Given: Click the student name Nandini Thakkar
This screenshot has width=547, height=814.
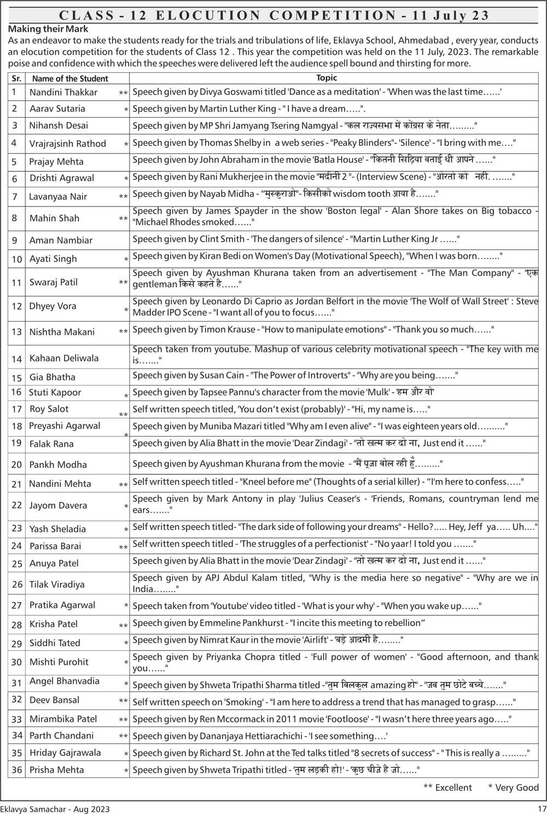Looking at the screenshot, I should (x=63, y=92).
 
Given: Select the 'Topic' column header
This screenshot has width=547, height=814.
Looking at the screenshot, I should (x=327, y=78).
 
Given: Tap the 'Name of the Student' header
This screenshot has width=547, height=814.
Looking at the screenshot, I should (x=70, y=78).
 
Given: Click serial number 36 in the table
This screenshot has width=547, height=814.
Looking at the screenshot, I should (x=17, y=770).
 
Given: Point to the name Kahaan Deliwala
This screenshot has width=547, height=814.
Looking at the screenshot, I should (x=64, y=358).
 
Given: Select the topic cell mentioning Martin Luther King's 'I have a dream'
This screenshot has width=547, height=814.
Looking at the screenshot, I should (x=249, y=108).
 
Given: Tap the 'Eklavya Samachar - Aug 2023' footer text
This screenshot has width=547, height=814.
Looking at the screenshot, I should (x=55, y=809).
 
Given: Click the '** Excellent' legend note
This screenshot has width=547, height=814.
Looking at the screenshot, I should (x=447, y=788).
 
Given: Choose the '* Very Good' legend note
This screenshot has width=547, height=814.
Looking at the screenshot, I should (x=513, y=788).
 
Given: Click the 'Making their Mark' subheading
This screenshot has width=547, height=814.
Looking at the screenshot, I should (x=48, y=29).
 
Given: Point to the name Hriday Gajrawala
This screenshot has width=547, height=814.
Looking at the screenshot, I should (x=65, y=753).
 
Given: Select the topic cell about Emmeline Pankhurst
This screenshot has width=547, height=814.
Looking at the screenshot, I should (x=279, y=623).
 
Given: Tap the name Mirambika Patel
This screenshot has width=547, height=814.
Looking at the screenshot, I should (x=63, y=719).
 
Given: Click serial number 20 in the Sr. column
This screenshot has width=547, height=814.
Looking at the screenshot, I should (x=17, y=465).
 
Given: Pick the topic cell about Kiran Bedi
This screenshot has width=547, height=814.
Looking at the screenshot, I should (x=317, y=256).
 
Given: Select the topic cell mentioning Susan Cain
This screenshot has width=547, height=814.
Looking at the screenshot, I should (x=295, y=375).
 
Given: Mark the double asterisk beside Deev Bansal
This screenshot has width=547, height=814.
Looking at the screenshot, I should (x=123, y=701).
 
